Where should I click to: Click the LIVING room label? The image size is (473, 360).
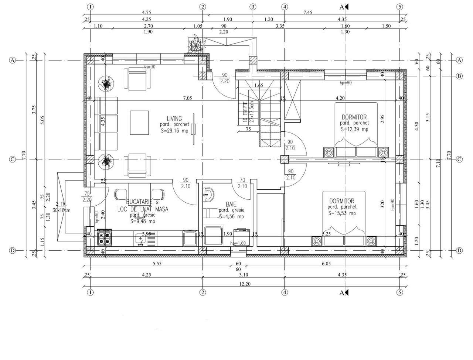[174, 119]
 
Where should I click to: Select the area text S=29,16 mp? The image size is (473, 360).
[174, 131]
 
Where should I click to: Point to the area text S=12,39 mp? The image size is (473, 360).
[354, 129]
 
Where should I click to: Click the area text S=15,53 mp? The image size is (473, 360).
[342, 213]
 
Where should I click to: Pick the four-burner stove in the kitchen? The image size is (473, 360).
[104, 237]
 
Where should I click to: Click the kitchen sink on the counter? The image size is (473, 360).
[141, 239]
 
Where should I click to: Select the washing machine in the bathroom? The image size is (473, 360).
[242, 237]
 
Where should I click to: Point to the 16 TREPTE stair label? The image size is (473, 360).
[245, 113]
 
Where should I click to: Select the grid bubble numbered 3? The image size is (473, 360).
[253, 7]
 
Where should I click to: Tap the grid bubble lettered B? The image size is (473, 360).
[459, 76]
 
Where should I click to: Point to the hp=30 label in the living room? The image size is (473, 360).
[150, 67]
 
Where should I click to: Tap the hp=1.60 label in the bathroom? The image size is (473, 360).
[238, 243]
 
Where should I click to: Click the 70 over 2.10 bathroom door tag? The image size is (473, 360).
[242, 183]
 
